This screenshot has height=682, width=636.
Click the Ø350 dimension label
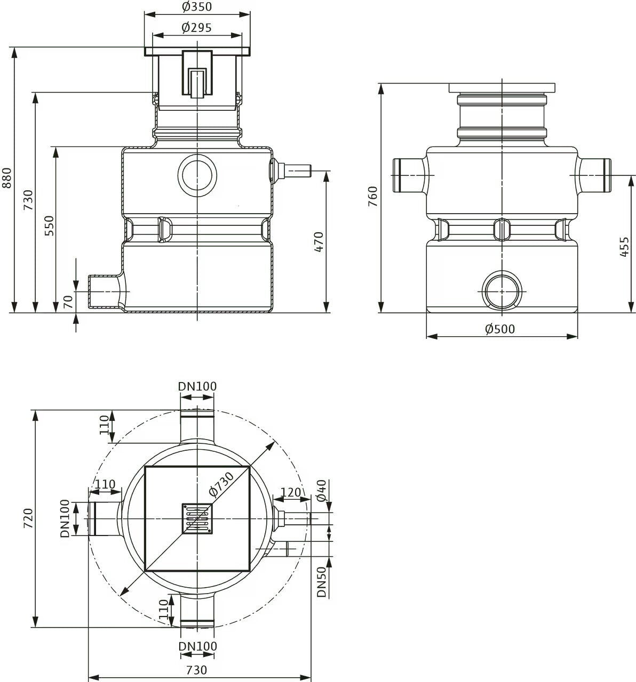click(197, 6)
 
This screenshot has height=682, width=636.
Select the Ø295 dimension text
click(197, 28)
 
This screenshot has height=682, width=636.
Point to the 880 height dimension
click(7, 178)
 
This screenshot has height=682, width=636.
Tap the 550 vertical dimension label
click(50, 225)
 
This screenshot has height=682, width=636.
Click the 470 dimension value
click(319, 242)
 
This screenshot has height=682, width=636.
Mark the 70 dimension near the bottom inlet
click(68, 302)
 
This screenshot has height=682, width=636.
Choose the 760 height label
click(373, 197)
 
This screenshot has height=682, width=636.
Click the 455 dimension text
click(624, 247)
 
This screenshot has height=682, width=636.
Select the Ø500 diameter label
click(500, 329)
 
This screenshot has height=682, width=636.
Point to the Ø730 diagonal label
click(221, 484)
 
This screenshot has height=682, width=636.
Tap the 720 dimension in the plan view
click(28, 518)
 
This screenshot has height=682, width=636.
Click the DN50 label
click(321, 582)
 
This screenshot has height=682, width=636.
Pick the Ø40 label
click(321, 491)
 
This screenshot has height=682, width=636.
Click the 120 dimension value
click(291, 492)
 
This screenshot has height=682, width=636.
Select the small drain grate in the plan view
click(197, 518)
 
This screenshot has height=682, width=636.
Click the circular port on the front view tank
click(197, 175)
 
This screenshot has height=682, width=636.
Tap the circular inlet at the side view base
click(502, 291)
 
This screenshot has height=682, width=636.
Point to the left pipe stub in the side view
click(411, 175)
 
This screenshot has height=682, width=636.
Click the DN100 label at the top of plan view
click(197, 386)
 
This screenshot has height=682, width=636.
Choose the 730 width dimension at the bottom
click(197, 670)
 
